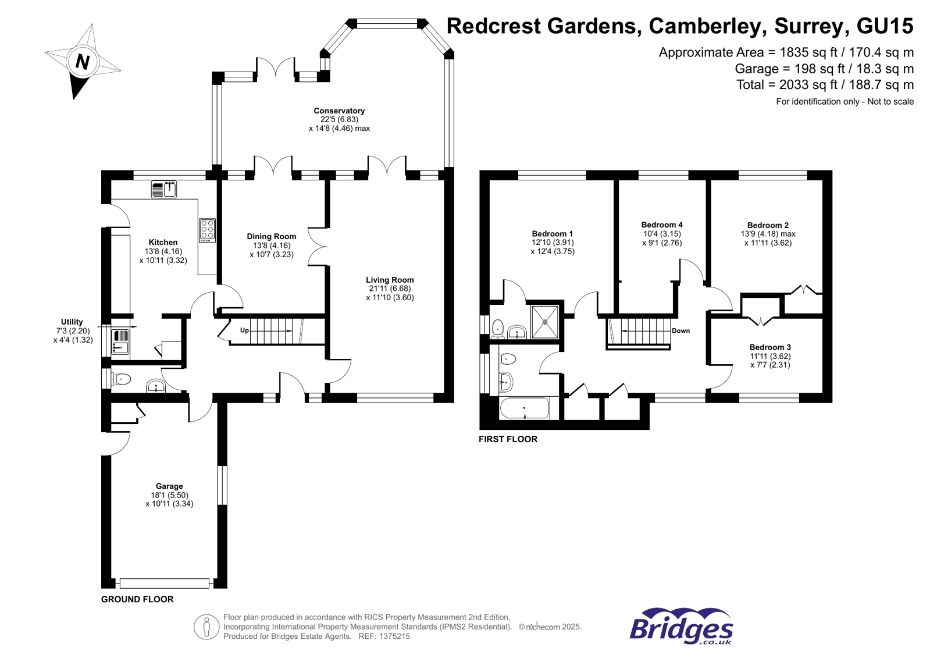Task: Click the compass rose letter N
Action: coord(83,62)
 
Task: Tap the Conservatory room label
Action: coord(339,111)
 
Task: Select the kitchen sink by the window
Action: coord(163,190)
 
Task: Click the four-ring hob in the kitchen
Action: coord(207,230)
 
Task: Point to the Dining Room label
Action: coord(271,236)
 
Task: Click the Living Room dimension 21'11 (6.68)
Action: coord(390,289)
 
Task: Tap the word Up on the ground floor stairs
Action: coord(244,330)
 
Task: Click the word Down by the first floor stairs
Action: coord(680,330)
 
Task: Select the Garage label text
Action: coord(169,486)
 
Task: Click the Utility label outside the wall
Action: coord(72,322)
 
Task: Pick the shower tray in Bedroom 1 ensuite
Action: coord(545,322)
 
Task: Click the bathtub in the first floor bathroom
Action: coord(524,408)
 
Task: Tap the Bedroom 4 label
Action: coord(662,225)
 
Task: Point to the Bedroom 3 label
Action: coord(770,347)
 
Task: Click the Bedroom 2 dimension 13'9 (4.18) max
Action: coord(768,234)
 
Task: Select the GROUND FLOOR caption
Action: coord(137,599)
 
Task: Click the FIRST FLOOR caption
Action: coord(508,439)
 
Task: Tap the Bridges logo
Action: coord(681,627)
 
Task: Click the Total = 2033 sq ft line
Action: coord(825,85)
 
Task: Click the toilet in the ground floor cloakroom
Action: coord(122,379)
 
